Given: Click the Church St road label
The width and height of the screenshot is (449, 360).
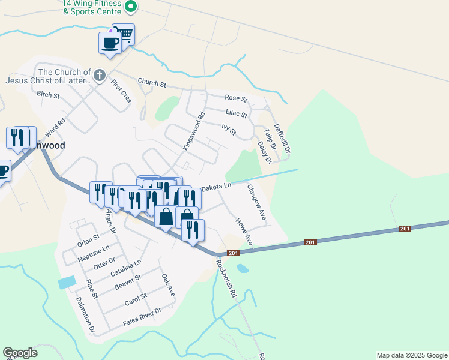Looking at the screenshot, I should point(151,83).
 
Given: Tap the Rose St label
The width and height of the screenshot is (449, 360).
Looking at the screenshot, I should point(236,98).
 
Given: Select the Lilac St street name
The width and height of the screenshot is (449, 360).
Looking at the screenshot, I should point(237,113).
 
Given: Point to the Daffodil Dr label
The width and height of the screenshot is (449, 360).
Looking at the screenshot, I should point(282,137).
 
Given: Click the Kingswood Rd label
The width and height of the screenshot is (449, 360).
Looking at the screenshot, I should point(194,131).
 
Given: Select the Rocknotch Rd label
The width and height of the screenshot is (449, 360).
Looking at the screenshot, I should point(227,279).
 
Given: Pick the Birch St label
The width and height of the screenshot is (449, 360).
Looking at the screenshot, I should point(48,95).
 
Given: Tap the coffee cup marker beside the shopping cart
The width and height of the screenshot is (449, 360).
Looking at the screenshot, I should point(110,43).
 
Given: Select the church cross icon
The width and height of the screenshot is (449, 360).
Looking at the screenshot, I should point(100,76).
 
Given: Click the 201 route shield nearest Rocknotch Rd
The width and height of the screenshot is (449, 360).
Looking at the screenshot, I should point(232,253).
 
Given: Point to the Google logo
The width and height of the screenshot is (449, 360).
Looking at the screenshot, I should point(20,353).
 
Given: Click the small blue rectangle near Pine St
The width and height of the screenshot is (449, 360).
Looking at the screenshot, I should point(67,281).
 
